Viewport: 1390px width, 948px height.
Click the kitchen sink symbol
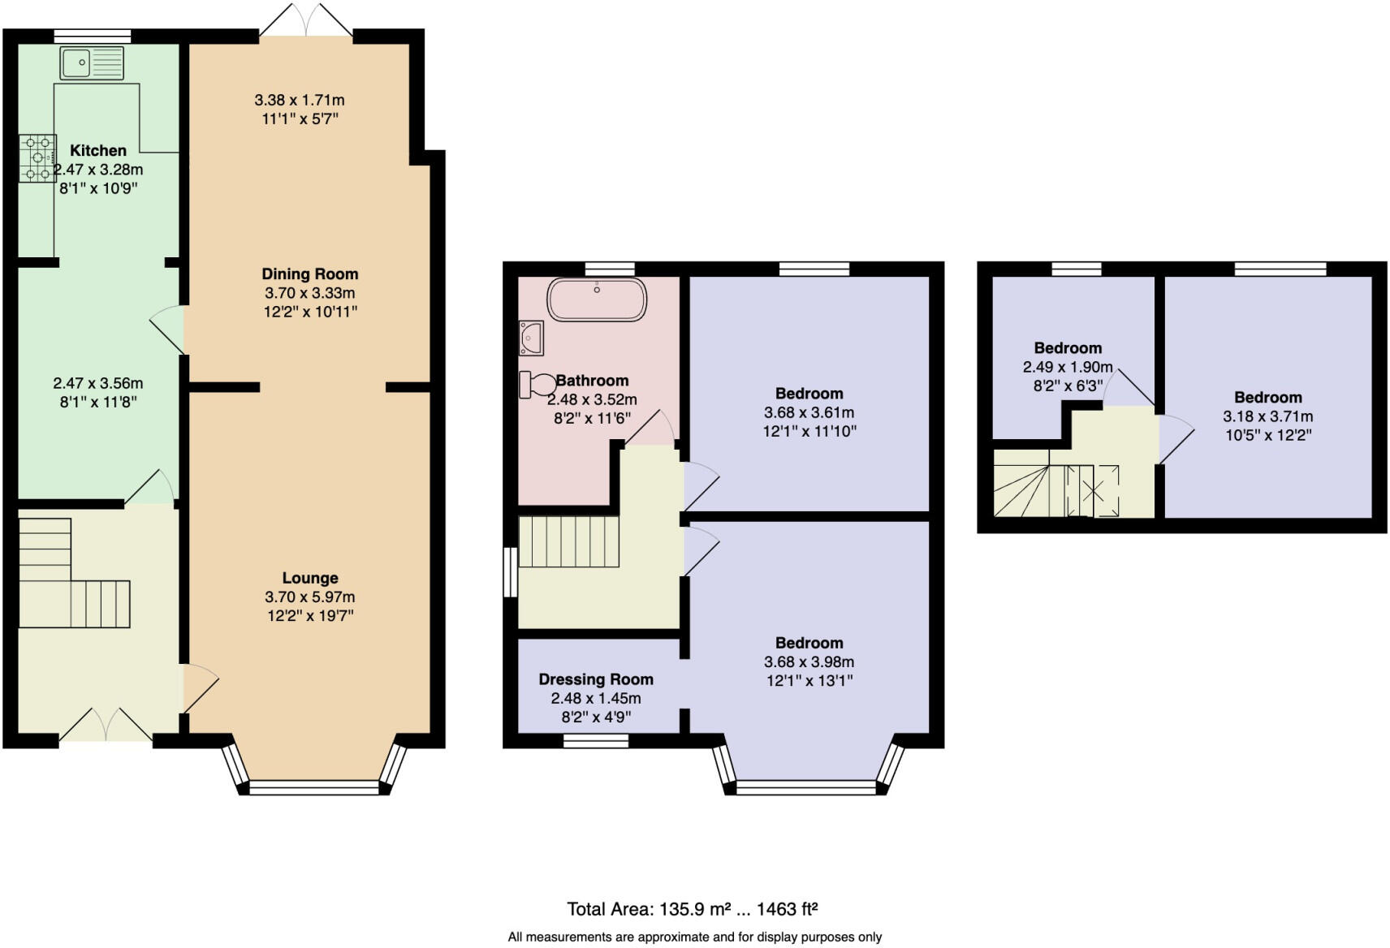point(92,62)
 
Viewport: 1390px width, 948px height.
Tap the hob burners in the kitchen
point(38,157)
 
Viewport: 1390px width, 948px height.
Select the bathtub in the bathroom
point(597,299)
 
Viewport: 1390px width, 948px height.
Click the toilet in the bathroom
point(534,385)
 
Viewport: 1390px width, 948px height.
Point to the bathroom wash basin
point(531,338)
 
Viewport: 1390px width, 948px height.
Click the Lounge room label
point(310,578)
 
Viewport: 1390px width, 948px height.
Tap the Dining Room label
point(310,274)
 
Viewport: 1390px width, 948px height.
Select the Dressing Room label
point(596,679)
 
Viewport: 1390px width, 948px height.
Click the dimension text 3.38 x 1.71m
point(300,100)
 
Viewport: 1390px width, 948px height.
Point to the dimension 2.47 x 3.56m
point(98,383)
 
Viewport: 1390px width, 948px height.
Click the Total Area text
point(693,909)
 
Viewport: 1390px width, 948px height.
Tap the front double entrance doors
point(106,725)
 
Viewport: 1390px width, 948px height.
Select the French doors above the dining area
point(307,19)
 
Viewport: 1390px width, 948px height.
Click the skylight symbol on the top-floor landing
point(1093,491)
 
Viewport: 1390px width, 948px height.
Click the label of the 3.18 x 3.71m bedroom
point(1268,397)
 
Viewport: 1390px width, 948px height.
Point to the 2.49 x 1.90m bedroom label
point(1068,347)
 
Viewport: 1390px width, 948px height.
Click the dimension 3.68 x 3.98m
point(809,661)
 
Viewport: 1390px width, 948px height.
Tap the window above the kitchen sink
point(93,37)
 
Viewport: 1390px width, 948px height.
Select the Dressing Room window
point(596,740)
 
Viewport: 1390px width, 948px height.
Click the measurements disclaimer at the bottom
point(695,937)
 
